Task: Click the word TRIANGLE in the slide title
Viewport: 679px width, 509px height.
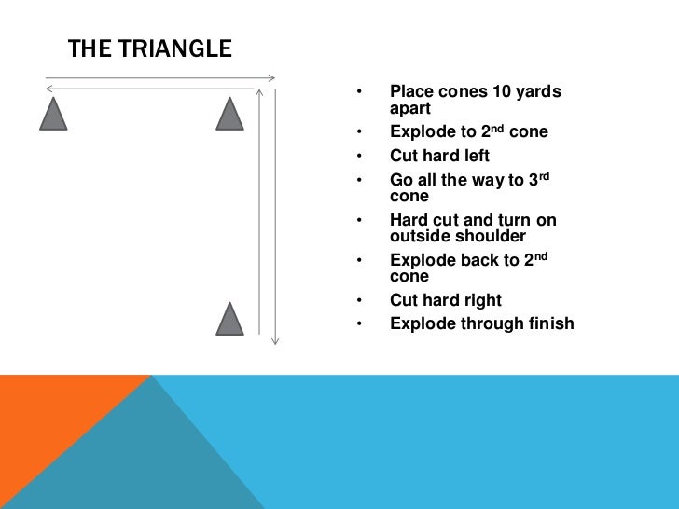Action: (x=176, y=49)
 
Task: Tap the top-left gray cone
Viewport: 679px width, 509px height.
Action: (x=53, y=115)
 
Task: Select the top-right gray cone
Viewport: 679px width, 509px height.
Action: (x=229, y=115)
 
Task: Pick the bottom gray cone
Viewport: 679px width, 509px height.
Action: (x=229, y=320)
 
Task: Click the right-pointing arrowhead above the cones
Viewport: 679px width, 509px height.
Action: (x=274, y=77)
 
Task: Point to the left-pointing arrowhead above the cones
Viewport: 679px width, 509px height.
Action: (x=48, y=88)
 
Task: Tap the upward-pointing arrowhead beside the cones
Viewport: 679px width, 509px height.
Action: (x=260, y=92)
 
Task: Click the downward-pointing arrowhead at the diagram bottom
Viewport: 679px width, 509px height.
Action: (x=275, y=341)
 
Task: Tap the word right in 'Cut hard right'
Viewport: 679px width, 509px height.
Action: (x=478, y=300)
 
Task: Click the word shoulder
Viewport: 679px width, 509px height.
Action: (x=491, y=237)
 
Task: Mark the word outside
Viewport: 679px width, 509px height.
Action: (x=420, y=237)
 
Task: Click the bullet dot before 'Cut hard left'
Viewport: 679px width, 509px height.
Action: (x=358, y=156)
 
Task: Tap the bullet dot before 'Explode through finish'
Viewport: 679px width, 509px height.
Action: (x=358, y=324)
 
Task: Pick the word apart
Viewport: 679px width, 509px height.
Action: (x=409, y=108)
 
